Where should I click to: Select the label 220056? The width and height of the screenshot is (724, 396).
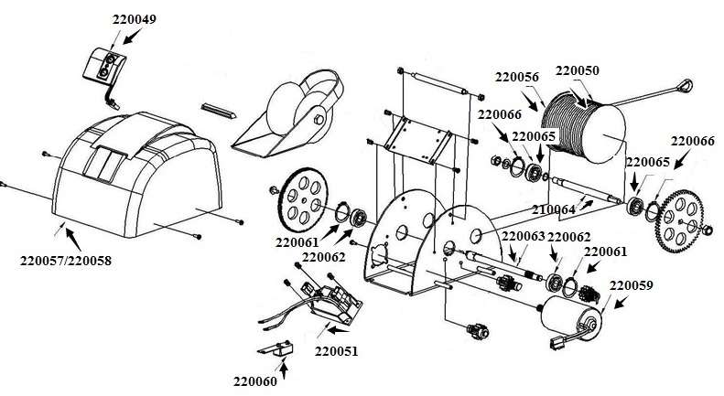[x=518, y=77]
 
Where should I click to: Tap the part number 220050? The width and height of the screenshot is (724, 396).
[x=578, y=69]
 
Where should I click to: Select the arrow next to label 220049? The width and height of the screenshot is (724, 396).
[x=131, y=35]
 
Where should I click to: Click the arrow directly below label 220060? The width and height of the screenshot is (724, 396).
[x=284, y=368]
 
